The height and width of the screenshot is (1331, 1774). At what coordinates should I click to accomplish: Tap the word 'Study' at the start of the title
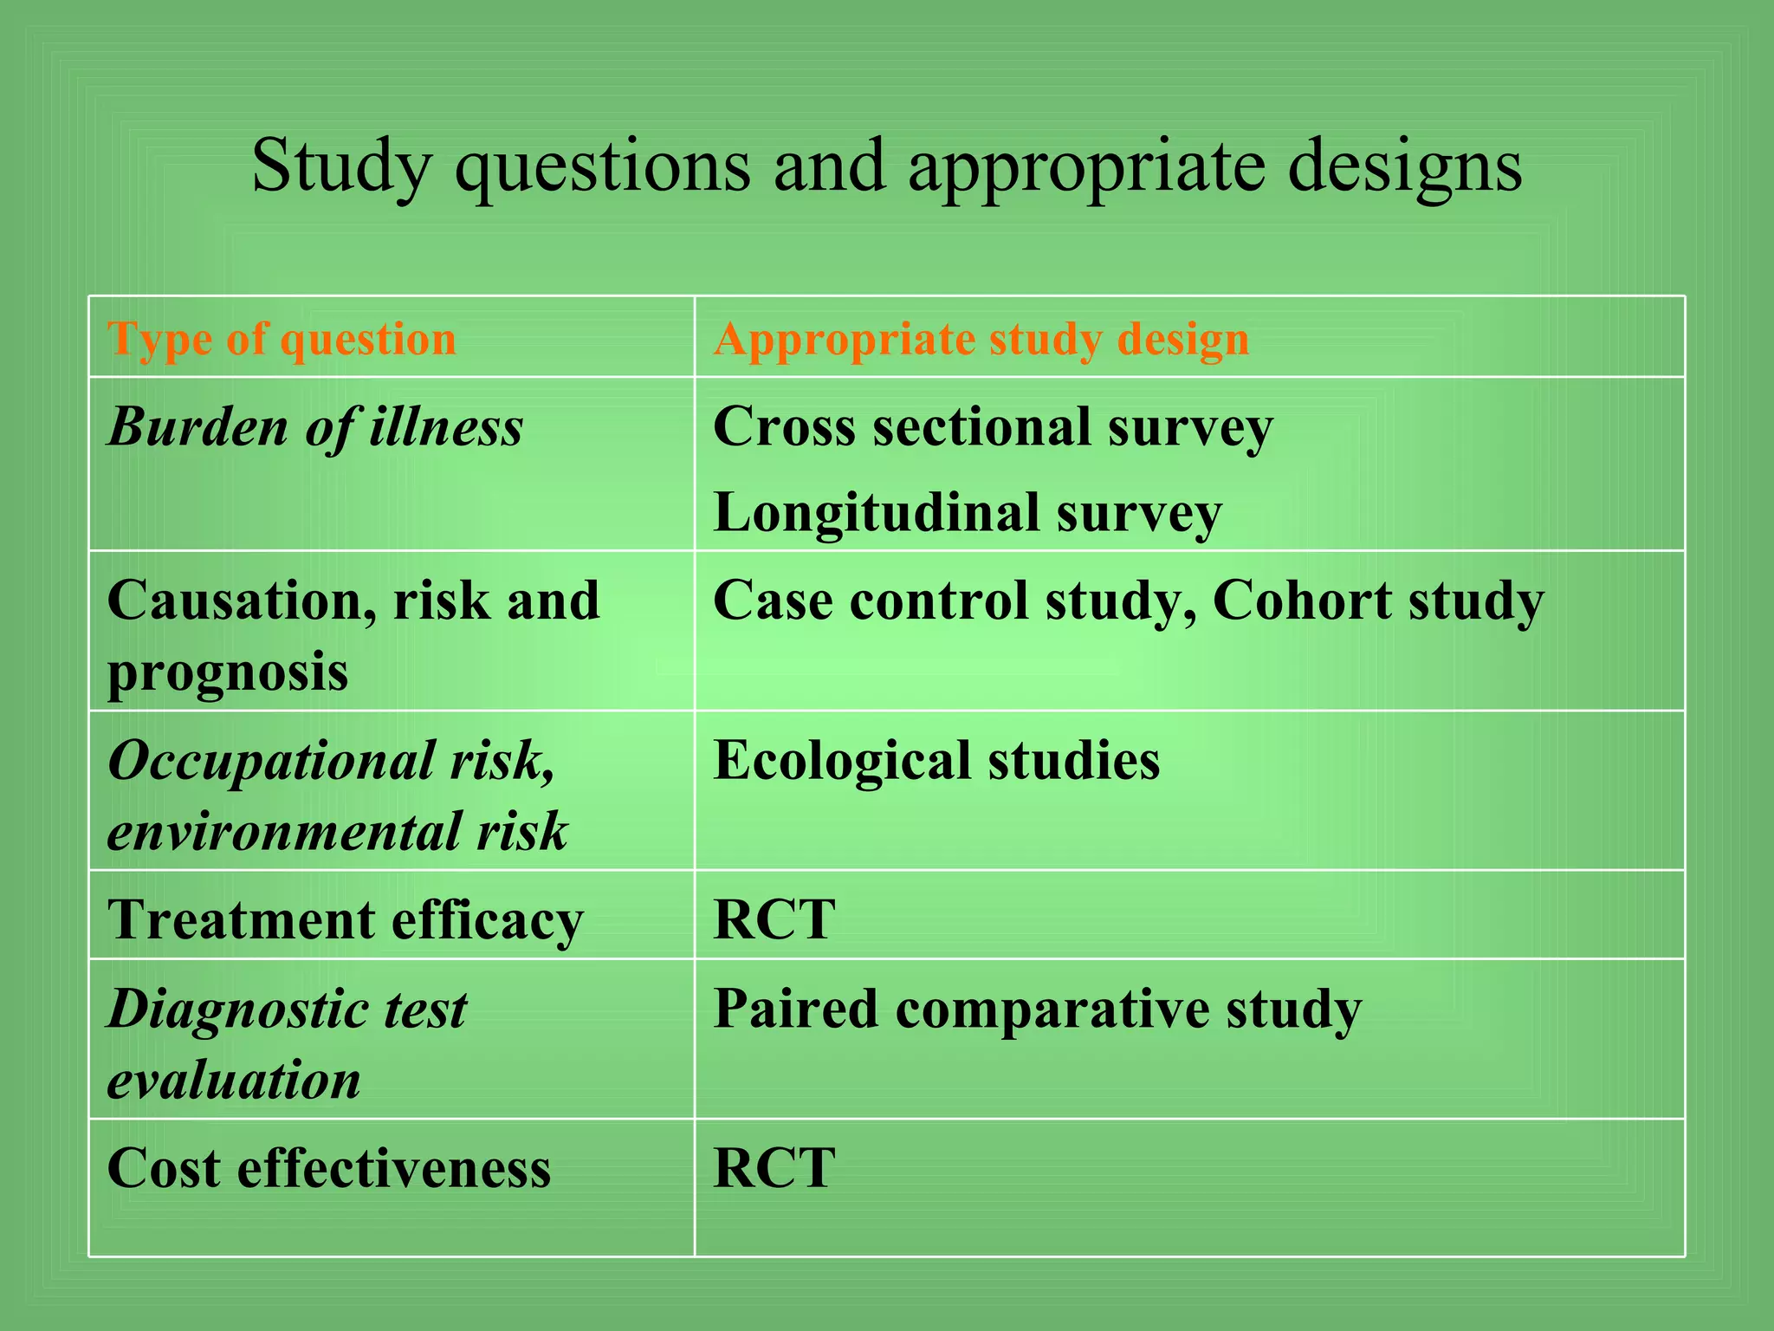pyautogui.click(x=340, y=166)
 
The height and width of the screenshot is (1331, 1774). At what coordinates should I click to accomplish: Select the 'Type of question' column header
pyautogui.click(x=282, y=339)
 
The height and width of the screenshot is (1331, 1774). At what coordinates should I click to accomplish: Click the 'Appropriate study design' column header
pyautogui.click(x=981, y=339)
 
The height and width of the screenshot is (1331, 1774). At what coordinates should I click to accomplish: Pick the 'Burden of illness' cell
pyautogui.click(x=315, y=427)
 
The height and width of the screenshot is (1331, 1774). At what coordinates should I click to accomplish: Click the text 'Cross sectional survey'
pyautogui.click(x=993, y=427)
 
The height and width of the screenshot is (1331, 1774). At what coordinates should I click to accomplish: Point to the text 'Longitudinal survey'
pyautogui.click(x=968, y=512)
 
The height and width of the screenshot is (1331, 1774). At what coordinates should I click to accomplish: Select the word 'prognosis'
pyautogui.click(x=228, y=672)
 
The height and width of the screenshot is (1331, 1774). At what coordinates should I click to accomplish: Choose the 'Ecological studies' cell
pyautogui.click(x=936, y=761)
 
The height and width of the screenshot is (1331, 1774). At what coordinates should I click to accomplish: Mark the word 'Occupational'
pyautogui.click(x=271, y=761)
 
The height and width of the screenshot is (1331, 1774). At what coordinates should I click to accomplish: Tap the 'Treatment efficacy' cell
pyautogui.click(x=346, y=919)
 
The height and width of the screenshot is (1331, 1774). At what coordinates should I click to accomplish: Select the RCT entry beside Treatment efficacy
pyautogui.click(x=774, y=919)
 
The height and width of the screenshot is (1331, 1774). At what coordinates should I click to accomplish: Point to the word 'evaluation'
pyautogui.click(x=234, y=1081)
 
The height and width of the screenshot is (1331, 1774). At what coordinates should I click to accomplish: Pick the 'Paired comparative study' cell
pyautogui.click(x=1037, y=1010)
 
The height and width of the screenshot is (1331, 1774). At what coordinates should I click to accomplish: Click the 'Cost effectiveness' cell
pyautogui.click(x=329, y=1168)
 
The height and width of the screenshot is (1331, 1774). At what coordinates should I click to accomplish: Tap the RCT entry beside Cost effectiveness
pyautogui.click(x=774, y=1168)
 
